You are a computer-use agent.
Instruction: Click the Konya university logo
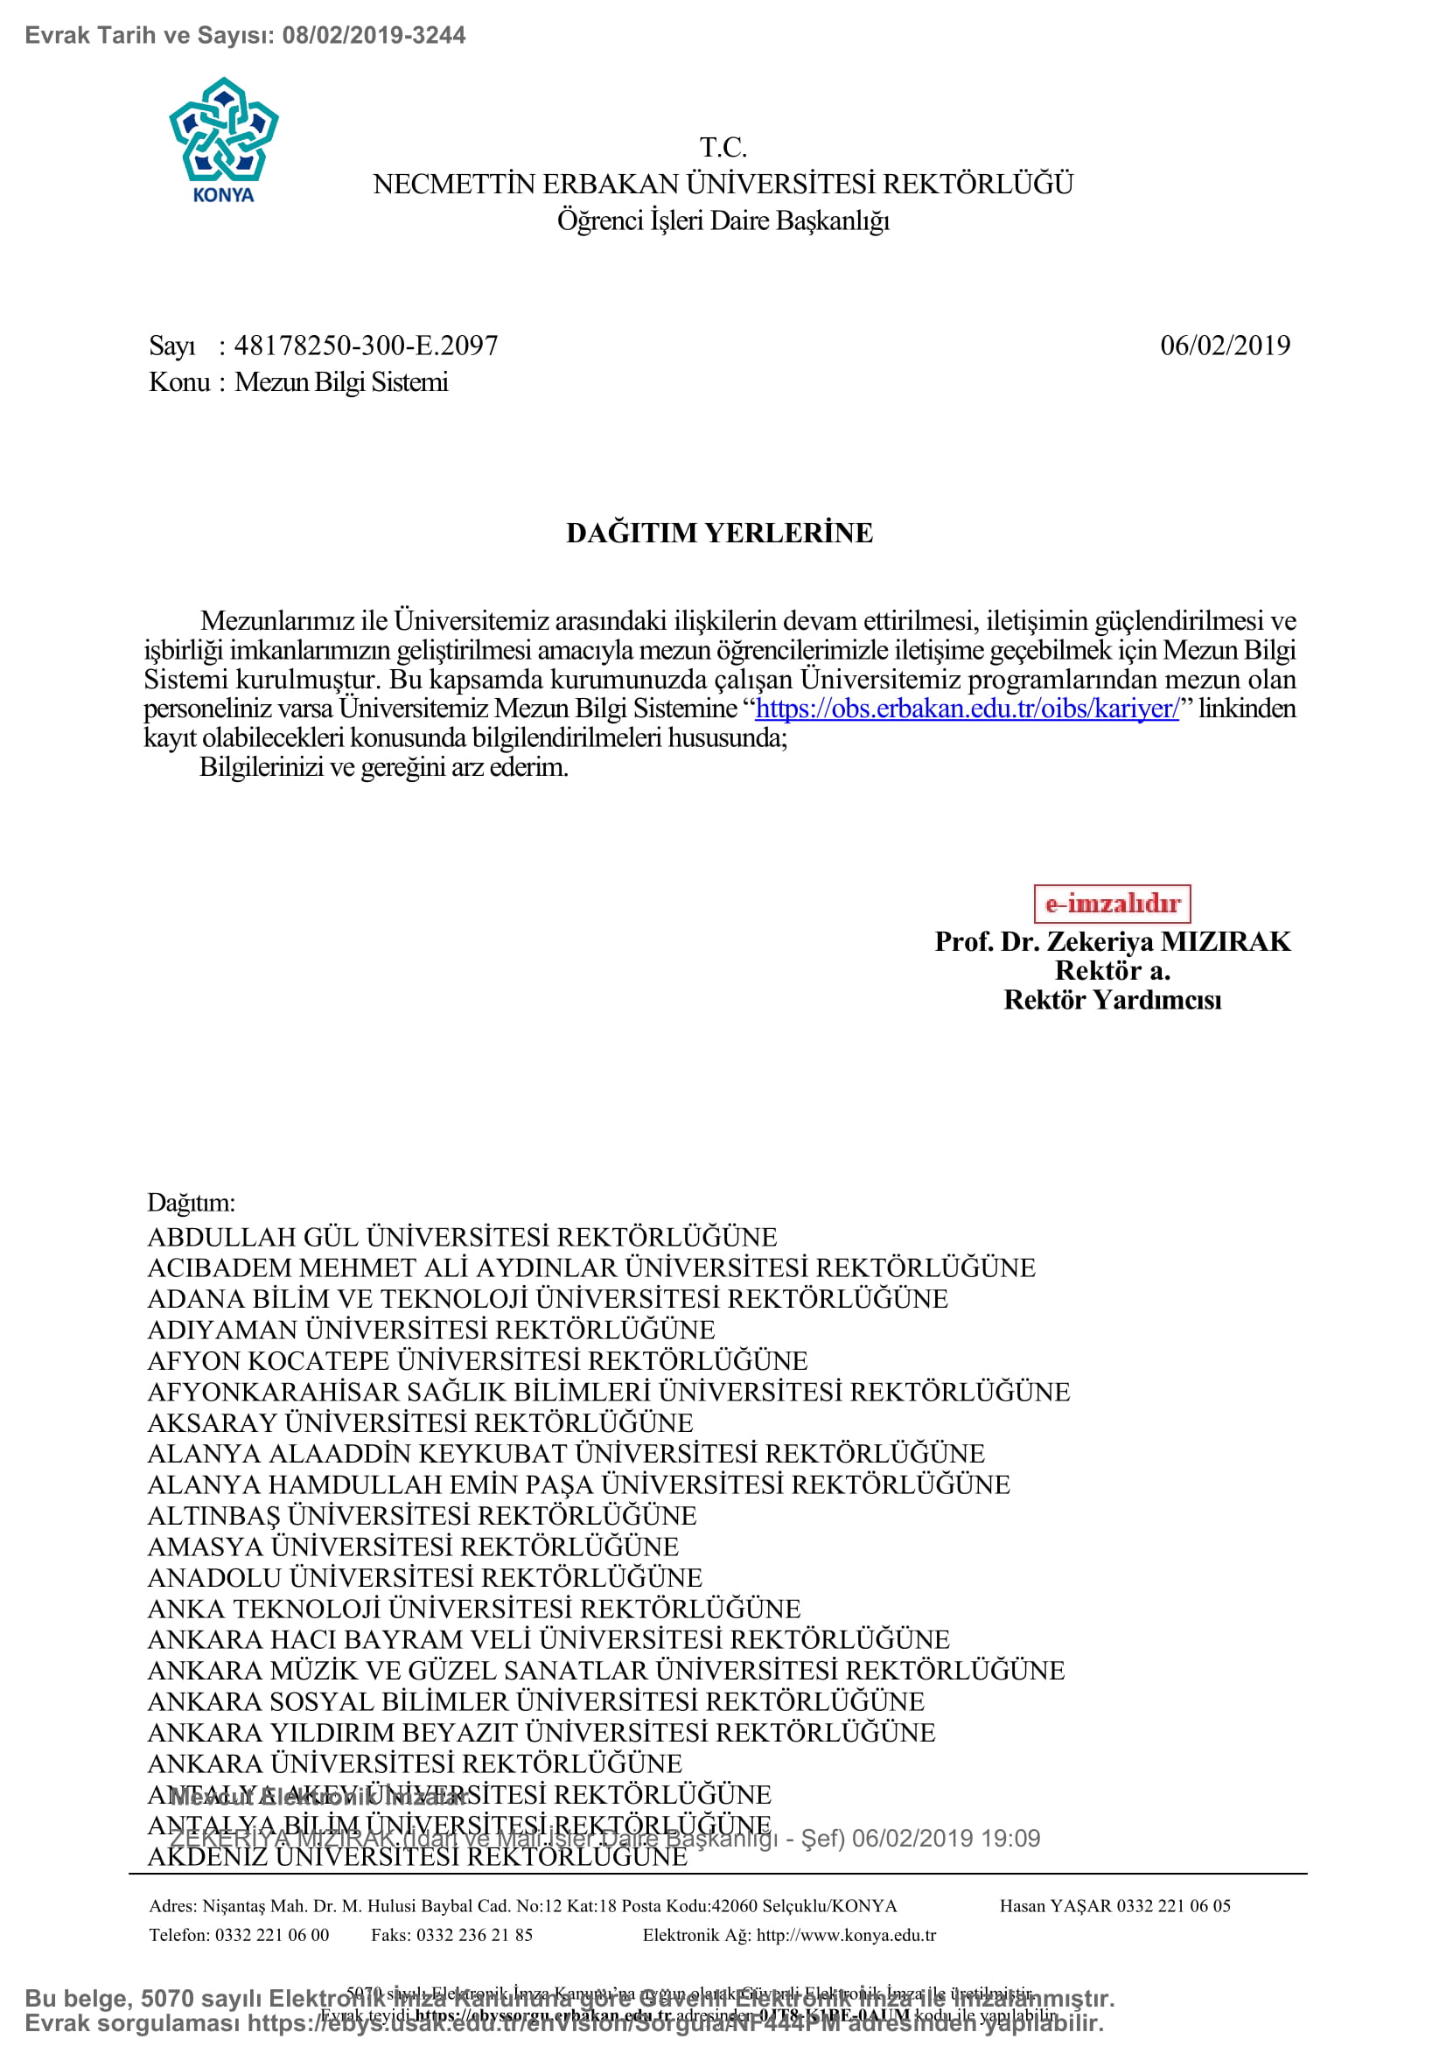coord(224,138)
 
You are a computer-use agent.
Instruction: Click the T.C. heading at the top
coord(723,147)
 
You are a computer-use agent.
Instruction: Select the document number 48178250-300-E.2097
coord(366,346)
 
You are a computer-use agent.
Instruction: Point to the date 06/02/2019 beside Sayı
coord(1224,346)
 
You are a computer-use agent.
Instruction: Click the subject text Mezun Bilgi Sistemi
coord(341,382)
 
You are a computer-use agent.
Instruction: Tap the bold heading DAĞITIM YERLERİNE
coord(720,533)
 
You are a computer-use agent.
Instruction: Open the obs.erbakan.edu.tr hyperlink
coord(967,709)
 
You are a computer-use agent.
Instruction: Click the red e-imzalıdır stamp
coord(1112,904)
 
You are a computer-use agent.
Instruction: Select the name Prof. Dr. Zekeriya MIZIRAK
coord(1112,942)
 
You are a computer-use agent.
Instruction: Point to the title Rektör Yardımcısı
coord(1112,1001)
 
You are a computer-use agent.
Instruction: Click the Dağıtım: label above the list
coord(192,1203)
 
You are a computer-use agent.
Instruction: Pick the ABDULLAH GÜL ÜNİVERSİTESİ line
coord(462,1238)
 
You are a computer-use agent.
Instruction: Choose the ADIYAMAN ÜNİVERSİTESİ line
coord(431,1330)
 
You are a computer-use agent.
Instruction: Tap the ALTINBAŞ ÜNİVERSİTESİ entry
coord(422,1516)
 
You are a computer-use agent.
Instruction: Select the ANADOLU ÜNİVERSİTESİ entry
coord(425,1578)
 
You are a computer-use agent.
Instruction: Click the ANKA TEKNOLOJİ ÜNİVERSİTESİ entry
coord(474,1609)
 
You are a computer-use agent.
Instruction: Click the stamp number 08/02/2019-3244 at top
coord(374,36)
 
